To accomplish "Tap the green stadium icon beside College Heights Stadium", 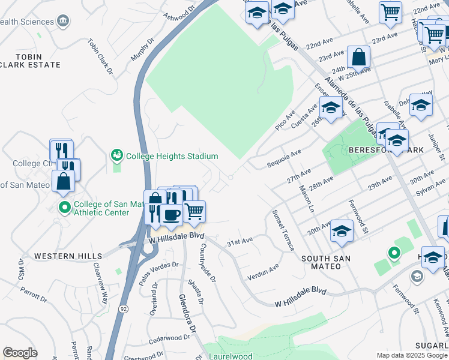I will click(116, 156).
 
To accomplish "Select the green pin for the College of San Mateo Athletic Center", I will click(65, 208).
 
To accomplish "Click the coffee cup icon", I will click(171, 215).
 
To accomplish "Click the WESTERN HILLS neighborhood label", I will click(68, 256).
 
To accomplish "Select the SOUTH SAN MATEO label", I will click(330, 258).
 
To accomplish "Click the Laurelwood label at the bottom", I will click(231, 356).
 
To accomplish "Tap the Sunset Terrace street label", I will click(283, 230).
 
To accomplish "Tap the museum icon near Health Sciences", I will click(62, 22).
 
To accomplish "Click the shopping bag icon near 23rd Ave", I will click(358, 58).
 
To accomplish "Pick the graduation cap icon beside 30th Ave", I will click(342, 231).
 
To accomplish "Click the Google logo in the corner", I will click(20, 353).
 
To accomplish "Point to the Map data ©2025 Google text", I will click(412, 355).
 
